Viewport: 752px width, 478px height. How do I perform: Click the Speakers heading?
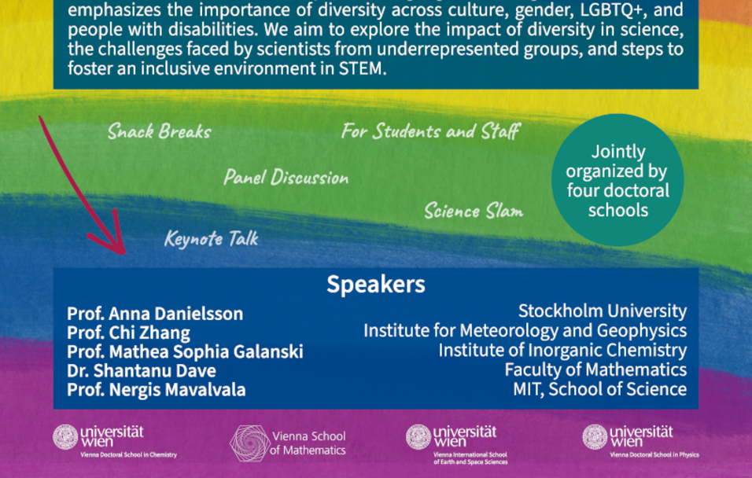(375, 285)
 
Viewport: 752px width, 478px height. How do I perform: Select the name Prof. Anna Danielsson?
(155, 314)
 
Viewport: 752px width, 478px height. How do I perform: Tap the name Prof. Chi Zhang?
(128, 333)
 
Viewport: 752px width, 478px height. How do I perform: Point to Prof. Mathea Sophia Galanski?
(185, 351)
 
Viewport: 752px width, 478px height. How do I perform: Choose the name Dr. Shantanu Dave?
(142, 370)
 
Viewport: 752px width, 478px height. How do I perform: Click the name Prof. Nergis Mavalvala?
(157, 389)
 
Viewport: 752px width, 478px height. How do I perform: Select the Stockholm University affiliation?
(603, 311)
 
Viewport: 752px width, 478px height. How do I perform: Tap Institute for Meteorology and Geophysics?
(525, 331)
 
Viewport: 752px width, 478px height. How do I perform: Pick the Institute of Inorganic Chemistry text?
(562, 351)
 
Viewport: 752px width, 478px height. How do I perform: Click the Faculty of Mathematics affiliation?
(595, 370)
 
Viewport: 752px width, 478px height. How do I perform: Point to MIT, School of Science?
(600, 389)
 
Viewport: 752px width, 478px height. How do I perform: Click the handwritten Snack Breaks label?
(159, 131)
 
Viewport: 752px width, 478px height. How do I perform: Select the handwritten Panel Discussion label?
(286, 178)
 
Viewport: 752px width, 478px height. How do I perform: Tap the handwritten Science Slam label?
(474, 211)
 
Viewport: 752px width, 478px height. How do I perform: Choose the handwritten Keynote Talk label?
(212, 238)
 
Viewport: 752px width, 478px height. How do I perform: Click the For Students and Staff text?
(431, 131)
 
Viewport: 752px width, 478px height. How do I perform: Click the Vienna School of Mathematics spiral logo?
(249, 443)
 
